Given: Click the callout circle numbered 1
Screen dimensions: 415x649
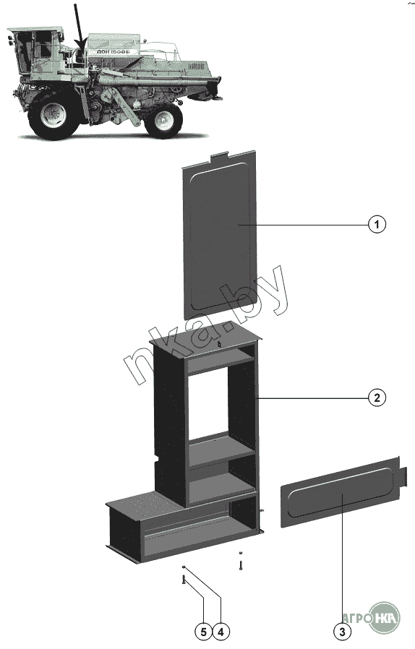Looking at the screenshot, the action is pyautogui.click(x=377, y=224).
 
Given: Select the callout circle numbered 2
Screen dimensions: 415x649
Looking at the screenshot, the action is pyautogui.click(x=377, y=397).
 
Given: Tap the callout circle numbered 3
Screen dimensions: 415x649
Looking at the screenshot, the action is pyautogui.click(x=342, y=632).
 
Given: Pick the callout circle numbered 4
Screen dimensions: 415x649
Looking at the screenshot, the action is pyautogui.click(x=221, y=632).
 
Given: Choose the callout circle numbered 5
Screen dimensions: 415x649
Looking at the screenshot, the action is pyautogui.click(x=203, y=632).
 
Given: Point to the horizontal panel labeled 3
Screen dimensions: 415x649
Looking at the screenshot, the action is pyautogui.click(x=341, y=492).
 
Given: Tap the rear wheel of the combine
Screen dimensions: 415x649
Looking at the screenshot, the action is pyautogui.click(x=163, y=120).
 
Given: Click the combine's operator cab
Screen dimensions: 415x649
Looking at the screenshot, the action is pyautogui.click(x=35, y=52).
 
